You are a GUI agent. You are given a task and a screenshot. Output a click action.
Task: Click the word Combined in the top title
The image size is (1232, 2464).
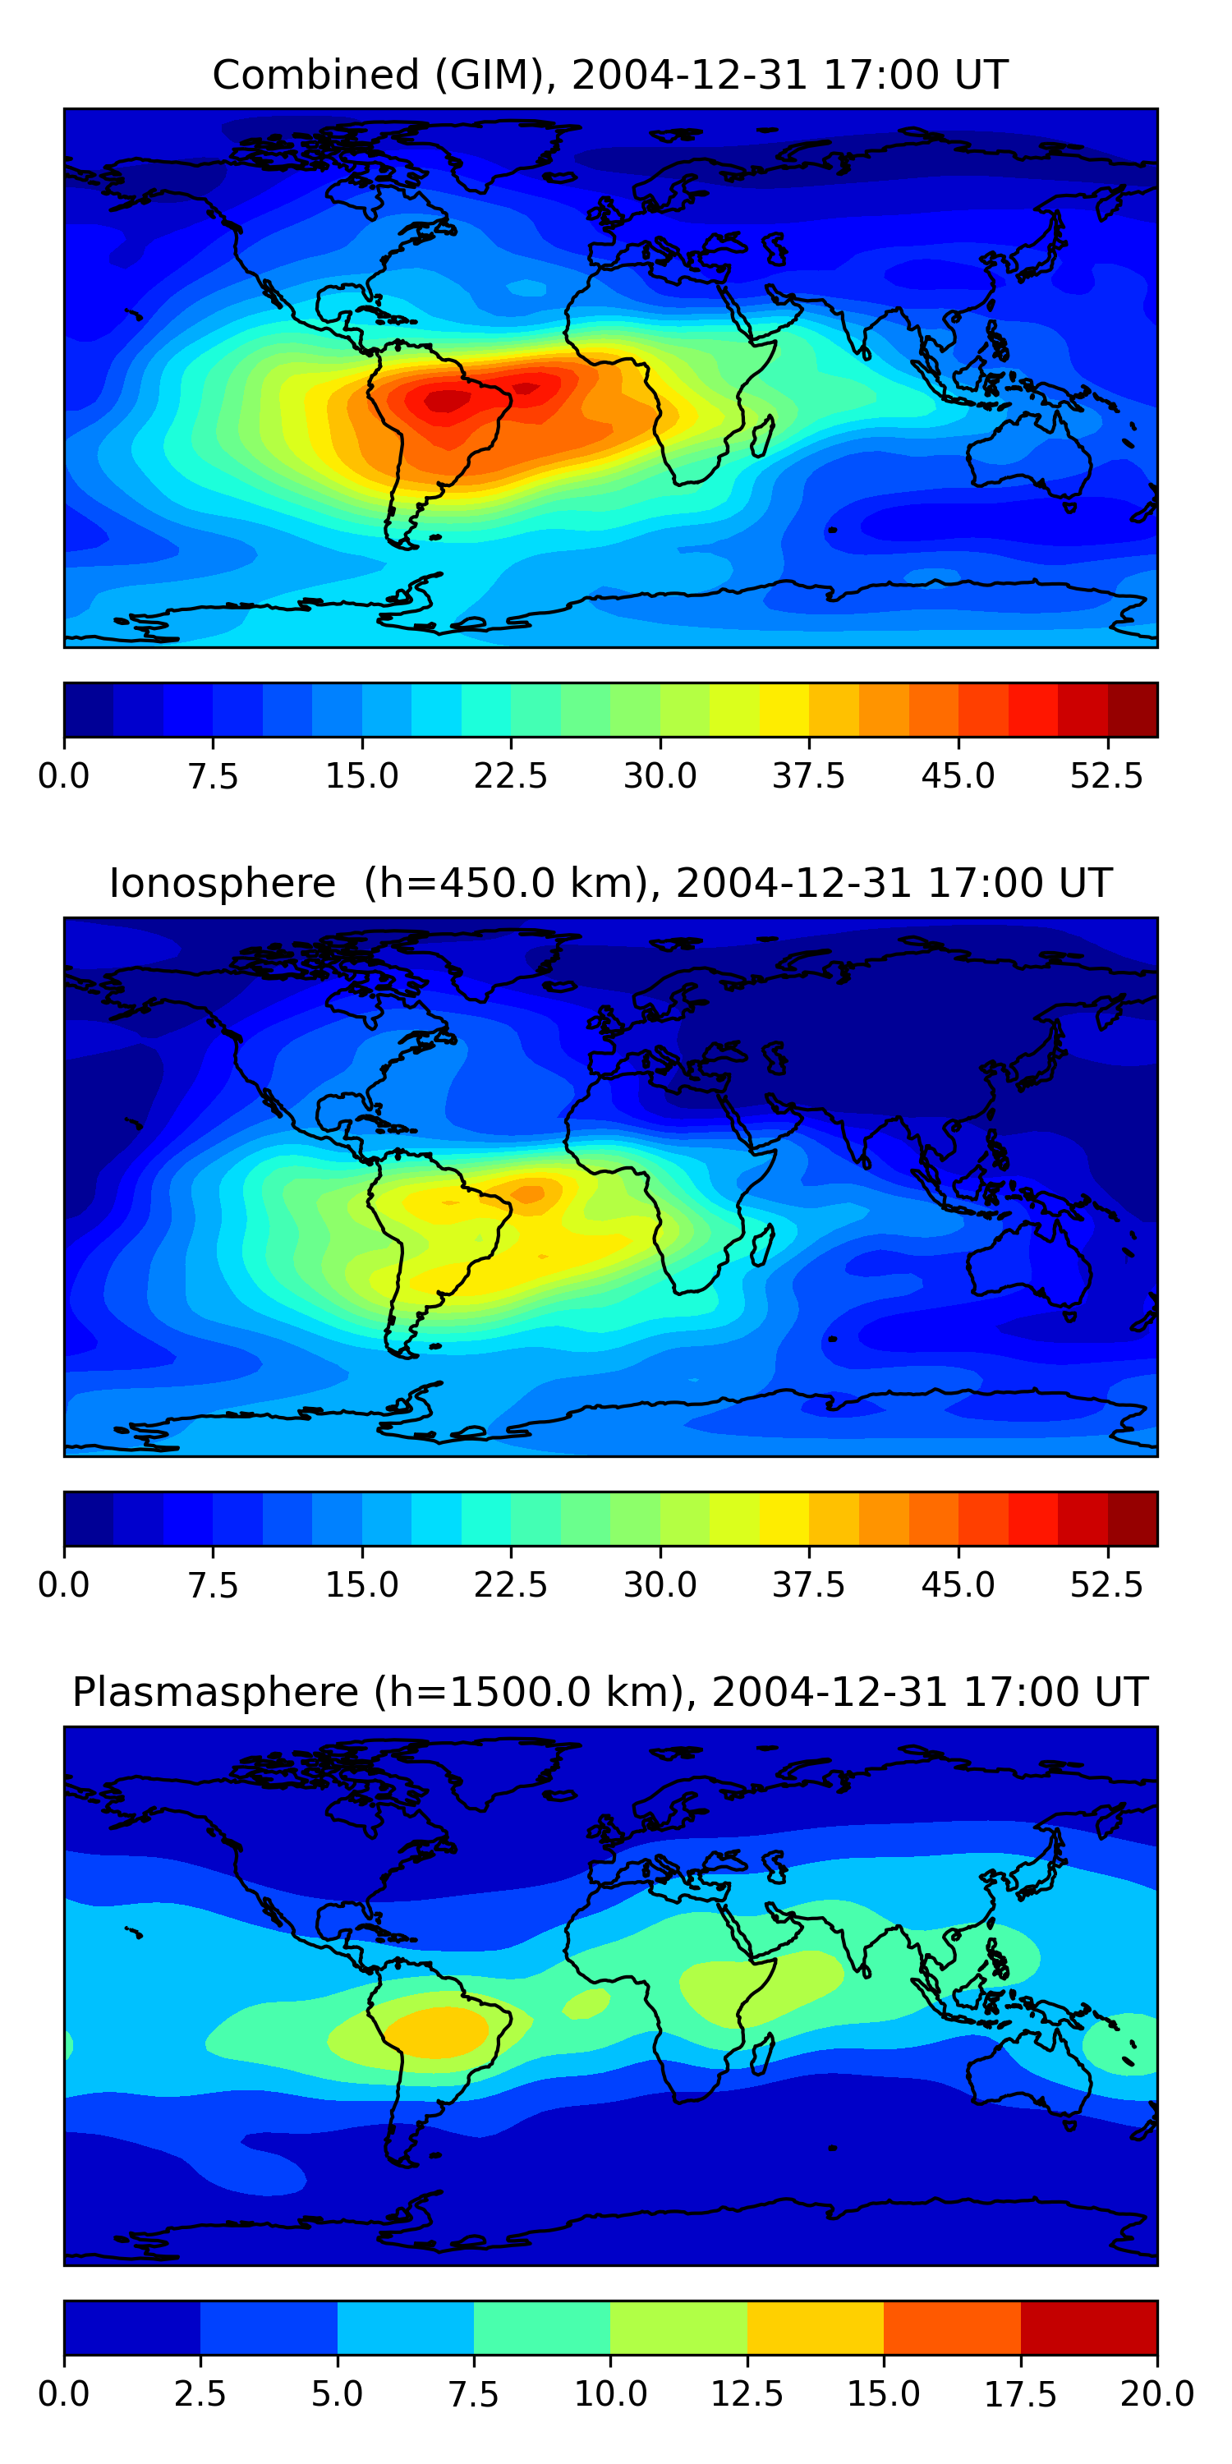tap(315, 75)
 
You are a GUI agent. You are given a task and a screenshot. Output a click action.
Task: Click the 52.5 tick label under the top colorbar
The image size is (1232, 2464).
tap(1106, 775)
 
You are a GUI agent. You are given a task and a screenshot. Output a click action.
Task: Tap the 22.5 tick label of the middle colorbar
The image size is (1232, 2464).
tap(511, 1585)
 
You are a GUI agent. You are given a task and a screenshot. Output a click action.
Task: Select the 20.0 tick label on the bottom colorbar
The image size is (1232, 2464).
tap(1157, 2394)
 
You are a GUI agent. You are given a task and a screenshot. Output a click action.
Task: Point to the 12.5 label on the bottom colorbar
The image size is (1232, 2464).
tap(747, 2394)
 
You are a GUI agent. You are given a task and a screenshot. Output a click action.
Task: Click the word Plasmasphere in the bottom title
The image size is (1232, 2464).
tap(215, 1693)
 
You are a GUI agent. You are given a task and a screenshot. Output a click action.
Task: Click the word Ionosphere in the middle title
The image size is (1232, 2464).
tap(222, 884)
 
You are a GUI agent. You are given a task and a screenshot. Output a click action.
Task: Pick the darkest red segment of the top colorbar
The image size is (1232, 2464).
tap(1133, 710)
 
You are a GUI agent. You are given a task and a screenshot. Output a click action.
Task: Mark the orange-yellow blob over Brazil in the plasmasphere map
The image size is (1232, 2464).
tap(436, 2033)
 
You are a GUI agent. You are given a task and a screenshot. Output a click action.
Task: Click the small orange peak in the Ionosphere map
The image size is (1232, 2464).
tap(529, 1193)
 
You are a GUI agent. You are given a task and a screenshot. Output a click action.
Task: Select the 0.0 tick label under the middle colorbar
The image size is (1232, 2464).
tap(64, 1585)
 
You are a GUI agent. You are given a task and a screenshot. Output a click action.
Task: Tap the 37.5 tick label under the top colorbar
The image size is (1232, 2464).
tap(809, 775)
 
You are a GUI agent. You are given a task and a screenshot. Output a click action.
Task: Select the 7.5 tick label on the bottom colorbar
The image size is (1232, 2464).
tap(473, 2394)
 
